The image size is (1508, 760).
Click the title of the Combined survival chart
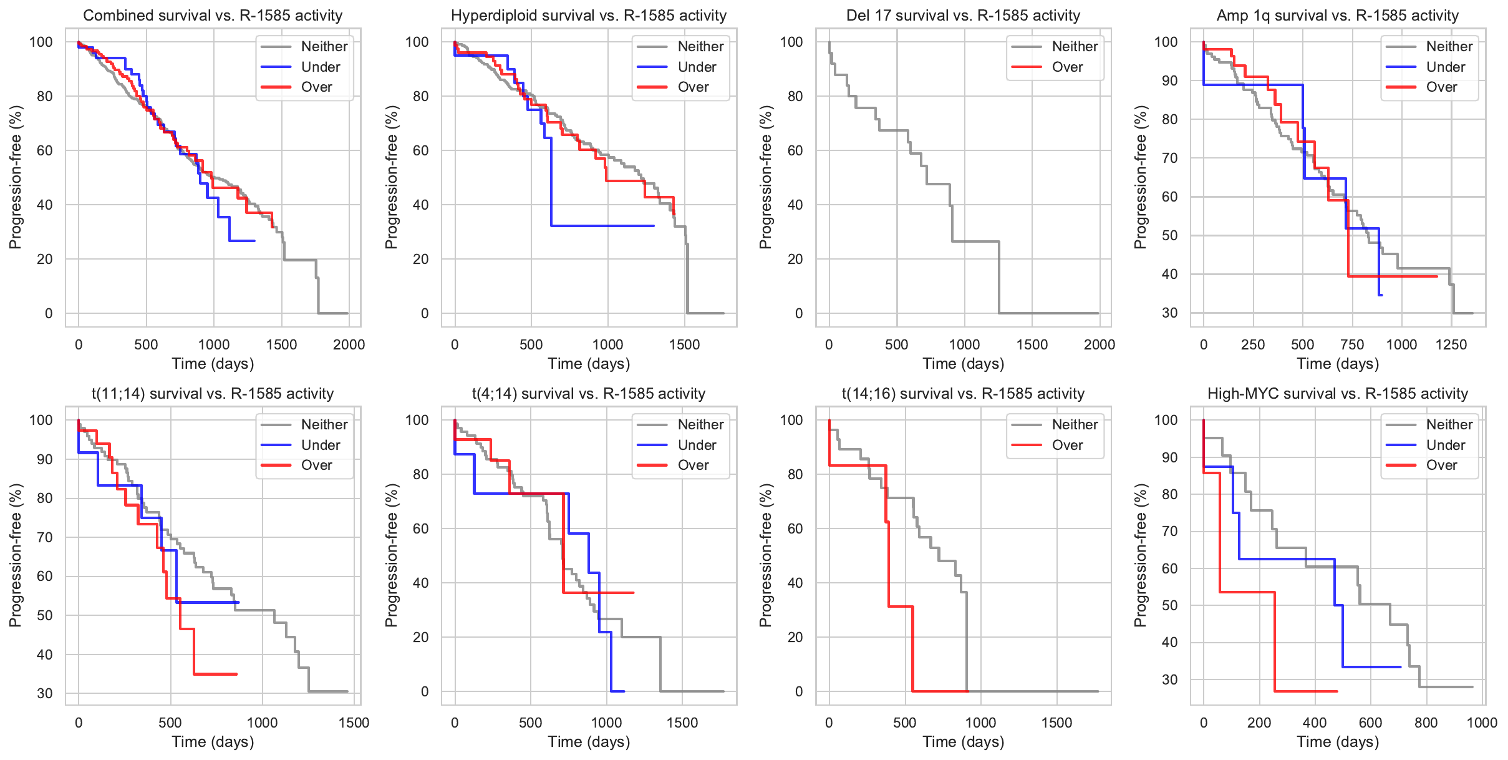click(x=213, y=16)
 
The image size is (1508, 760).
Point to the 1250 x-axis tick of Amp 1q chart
click(x=1451, y=344)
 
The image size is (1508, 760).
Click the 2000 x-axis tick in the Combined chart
click(x=348, y=344)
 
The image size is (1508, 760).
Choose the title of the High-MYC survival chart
click(x=1337, y=394)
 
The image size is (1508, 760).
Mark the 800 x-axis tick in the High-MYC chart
click(x=1426, y=723)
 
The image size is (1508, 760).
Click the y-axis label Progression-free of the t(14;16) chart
click(x=765, y=555)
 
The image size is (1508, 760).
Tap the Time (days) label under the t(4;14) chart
click(x=589, y=742)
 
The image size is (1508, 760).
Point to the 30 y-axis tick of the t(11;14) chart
click(x=45, y=693)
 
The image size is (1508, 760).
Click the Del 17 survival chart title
click(x=963, y=16)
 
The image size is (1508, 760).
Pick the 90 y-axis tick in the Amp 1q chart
click(x=1169, y=80)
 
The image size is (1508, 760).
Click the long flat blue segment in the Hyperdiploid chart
click(x=602, y=226)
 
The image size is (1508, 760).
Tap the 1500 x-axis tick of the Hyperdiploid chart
click(x=684, y=344)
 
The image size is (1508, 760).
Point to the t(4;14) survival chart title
click(x=589, y=394)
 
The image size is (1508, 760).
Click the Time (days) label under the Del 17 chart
click(x=963, y=364)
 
